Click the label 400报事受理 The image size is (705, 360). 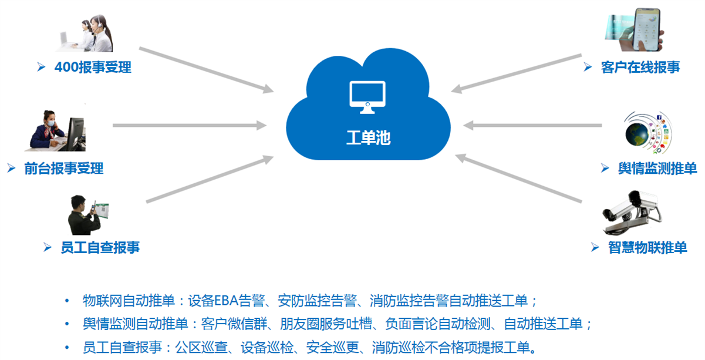(x=93, y=67)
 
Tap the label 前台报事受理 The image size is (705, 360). (x=64, y=169)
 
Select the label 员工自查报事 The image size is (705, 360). (x=100, y=248)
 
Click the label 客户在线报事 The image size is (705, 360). (x=640, y=67)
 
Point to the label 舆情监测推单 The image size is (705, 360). (x=657, y=169)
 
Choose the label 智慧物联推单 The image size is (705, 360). (x=647, y=248)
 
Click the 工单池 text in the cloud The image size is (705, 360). (x=368, y=138)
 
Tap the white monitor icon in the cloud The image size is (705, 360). (x=367, y=97)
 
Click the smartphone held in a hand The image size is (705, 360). (x=647, y=29)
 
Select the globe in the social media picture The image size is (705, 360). (x=637, y=134)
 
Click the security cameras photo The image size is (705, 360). (x=632, y=213)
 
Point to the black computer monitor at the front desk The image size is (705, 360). (x=76, y=134)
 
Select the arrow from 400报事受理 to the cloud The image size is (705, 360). (x=207, y=70)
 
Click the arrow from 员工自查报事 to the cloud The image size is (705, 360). (x=210, y=179)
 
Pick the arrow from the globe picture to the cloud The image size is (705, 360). (x=532, y=125)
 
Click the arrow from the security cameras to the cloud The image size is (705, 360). (x=518, y=178)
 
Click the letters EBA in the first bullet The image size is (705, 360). (x=226, y=301)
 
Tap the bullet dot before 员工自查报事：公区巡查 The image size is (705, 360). (x=67, y=348)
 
